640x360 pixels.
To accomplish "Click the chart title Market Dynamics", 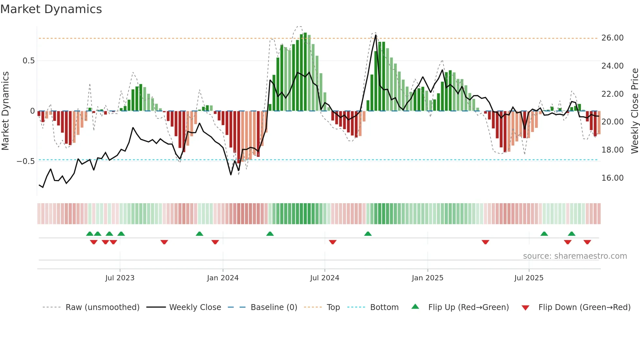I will click(x=51, y=9).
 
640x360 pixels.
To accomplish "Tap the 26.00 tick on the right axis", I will click(x=612, y=38).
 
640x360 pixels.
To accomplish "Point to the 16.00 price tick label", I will click(x=612, y=178).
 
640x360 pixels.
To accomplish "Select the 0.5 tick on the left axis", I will click(x=28, y=61).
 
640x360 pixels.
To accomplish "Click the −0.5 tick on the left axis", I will click(x=25, y=161).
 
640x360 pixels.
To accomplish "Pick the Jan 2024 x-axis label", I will click(x=223, y=278).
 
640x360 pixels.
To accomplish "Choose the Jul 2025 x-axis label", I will click(x=529, y=278).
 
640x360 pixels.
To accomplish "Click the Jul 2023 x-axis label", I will click(x=120, y=278).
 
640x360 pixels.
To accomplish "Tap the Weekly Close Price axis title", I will click(x=634, y=111).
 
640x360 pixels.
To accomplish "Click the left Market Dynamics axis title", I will click(x=5, y=111).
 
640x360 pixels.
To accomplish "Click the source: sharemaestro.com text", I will click(x=575, y=256).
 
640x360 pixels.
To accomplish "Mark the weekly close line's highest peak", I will click(x=376, y=35).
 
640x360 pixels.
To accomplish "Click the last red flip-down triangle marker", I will click(x=587, y=242).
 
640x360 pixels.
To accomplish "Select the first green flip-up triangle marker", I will click(x=89, y=234).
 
